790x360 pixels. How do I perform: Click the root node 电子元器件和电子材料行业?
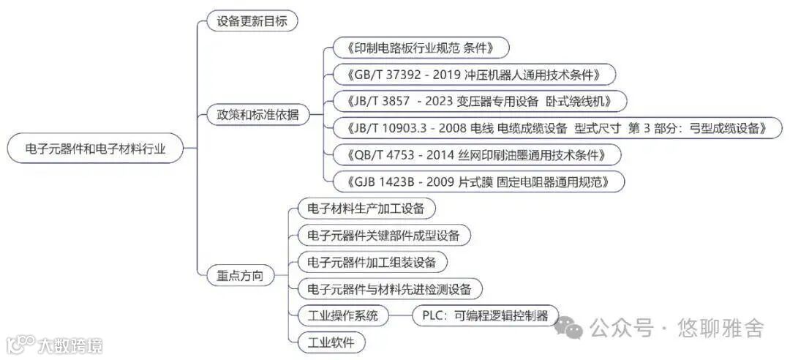[x=95, y=149]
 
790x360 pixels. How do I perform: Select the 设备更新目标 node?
[x=252, y=20]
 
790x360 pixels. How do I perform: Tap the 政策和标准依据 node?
[x=257, y=115]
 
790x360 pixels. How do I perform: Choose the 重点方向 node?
[x=240, y=276]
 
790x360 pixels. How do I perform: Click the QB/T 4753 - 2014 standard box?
[x=475, y=154]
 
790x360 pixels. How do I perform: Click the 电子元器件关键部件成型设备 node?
[x=383, y=235]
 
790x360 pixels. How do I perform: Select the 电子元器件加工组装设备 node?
[x=372, y=262]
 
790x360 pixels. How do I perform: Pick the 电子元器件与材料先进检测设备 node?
[x=390, y=288]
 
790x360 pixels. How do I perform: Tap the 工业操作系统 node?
[x=342, y=315]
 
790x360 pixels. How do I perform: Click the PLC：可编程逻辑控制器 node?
[x=485, y=315]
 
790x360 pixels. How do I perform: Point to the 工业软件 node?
[x=331, y=342]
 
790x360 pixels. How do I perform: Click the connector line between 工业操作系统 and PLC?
[x=399, y=315]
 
